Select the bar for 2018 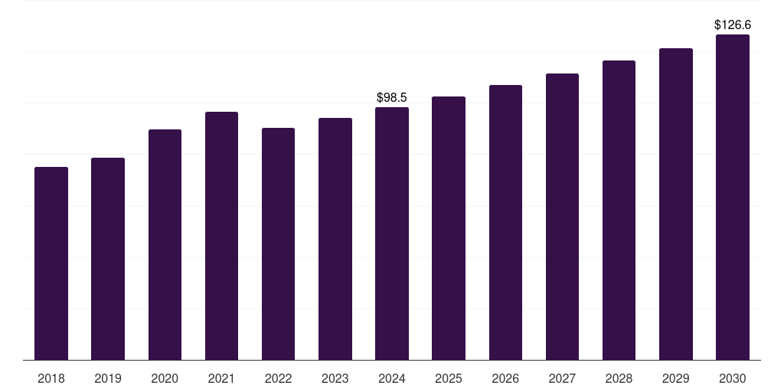coord(51,263)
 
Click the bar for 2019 coord(108,259)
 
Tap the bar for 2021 coord(221,236)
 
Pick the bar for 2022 coord(278,244)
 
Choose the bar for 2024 coord(392,234)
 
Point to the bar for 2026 coord(505,223)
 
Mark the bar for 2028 coord(619,211)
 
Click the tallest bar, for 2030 coord(733,198)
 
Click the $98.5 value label coord(392,97)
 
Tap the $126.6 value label coord(733,25)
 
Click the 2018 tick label coord(51,379)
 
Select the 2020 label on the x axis coord(165,379)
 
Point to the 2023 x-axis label coord(335,379)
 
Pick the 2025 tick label coord(449,379)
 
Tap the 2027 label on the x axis coord(562,379)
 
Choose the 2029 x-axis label coord(675,379)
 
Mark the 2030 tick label coord(733,379)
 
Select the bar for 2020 coord(165,245)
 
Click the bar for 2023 coord(335,239)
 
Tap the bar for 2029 coord(676,204)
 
